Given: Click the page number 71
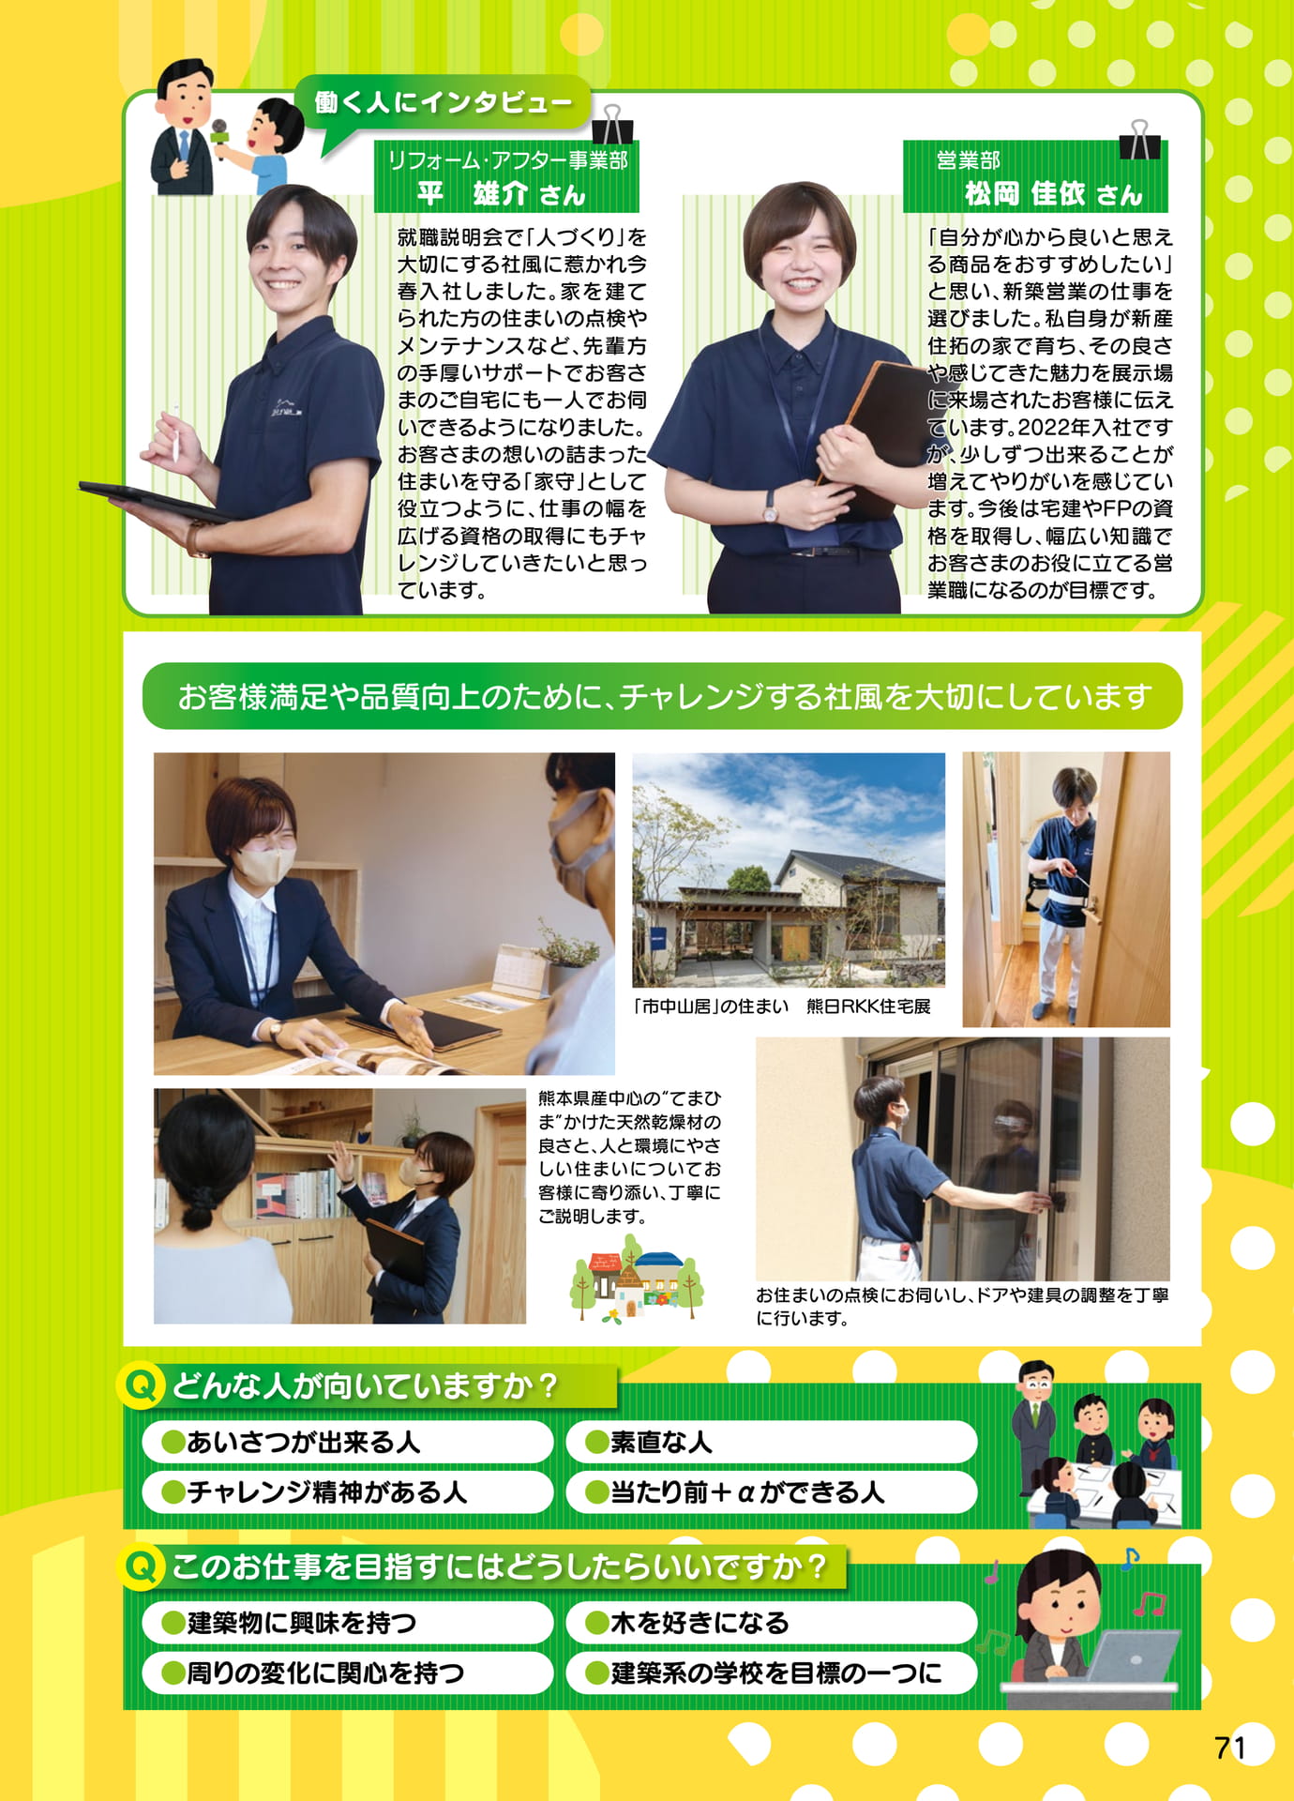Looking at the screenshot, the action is pyautogui.click(x=1229, y=1748).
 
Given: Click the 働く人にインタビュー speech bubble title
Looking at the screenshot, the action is pyautogui.click(x=443, y=101).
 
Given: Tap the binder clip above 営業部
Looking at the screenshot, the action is pyautogui.click(x=1139, y=140).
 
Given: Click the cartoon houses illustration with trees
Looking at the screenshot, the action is pyautogui.click(x=637, y=1278).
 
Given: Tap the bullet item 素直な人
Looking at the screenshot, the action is pyautogui.click(x=649, y=1442).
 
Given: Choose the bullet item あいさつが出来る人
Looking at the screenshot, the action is pyautogui.click(x=291, y=1442).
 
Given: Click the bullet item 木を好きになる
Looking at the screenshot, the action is pyautogui.click(x=687, y=1623).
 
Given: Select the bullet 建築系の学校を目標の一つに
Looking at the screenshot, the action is pyautogui.click(x=763, y=1672).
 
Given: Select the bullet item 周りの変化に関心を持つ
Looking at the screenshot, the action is pyautogui.click(x=313, y=1672).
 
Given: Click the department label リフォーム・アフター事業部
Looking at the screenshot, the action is pyautogui.click(x=508, y=160).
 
